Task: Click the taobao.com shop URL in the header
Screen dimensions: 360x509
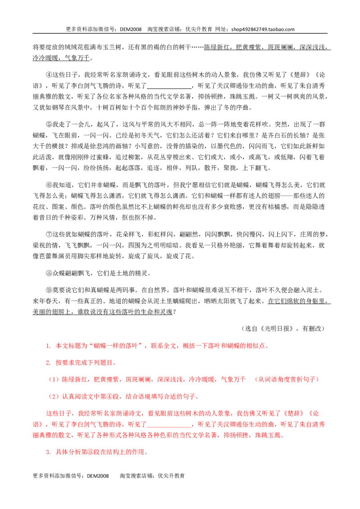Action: click(263, 29)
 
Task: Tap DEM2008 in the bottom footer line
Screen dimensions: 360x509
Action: click(98, 476)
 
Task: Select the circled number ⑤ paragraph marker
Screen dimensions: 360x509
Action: click(49, 125)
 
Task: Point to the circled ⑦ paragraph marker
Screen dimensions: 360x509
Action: click(49, 234)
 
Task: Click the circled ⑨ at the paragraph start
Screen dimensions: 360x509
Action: click(49, 290)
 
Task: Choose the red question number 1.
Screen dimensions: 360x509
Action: click(48, 346)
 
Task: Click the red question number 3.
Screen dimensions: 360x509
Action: click(48, 452)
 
